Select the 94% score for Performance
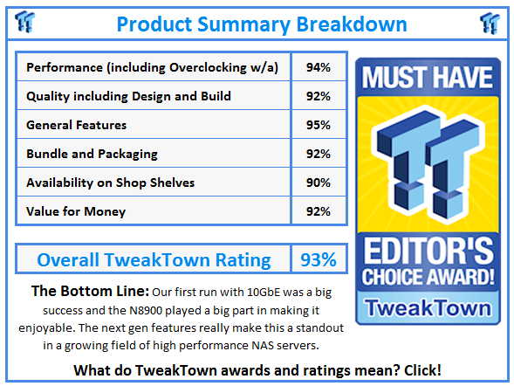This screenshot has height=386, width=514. [x=319, y=67]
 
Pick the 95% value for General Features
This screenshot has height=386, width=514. [x=319, y=125]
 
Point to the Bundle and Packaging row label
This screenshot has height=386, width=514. [x=92, y=154]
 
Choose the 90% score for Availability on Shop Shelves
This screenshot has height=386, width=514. [x=319, y=183]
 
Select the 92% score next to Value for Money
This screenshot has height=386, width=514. [x=319, y=211]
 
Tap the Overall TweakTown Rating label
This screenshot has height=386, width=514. [x=154, y=259]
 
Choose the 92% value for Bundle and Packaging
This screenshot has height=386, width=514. [x=319, y=154]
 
